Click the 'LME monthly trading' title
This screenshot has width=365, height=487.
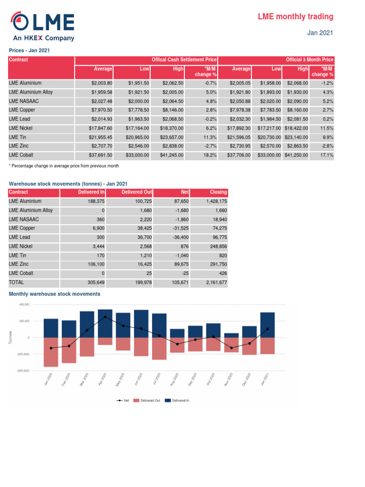[x=295, y=17]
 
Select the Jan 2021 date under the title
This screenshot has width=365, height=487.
[x=320, y=33]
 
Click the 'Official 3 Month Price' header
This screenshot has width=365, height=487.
[x=309, y=60]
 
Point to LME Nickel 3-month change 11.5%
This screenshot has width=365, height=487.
[x=326, y=128]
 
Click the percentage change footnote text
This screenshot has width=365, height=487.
[x=64, y=166]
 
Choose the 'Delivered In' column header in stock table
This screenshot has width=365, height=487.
[x=91, y=192]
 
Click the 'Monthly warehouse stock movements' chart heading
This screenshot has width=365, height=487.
[x=55, y=294]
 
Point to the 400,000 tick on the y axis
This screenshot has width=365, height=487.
[x=24, y=304]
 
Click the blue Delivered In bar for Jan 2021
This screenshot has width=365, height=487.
[x=268, y=325]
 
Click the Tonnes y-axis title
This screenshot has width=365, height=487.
[x=10, y=338]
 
